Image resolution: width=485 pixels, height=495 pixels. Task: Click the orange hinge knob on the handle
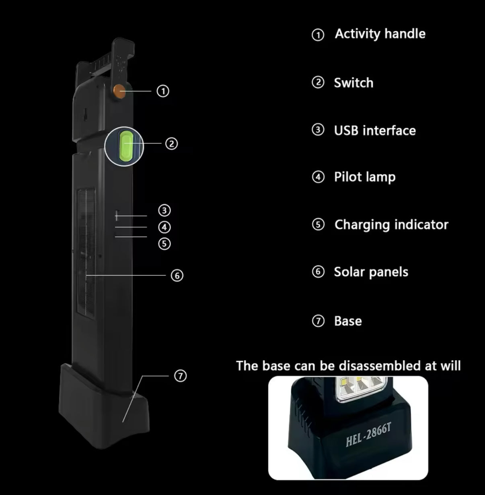[119, 91]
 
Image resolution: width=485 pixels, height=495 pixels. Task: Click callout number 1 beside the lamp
[163, 91]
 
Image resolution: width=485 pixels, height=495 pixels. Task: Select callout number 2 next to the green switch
[172, 144]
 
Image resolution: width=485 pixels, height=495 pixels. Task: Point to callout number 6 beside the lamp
[177, 275]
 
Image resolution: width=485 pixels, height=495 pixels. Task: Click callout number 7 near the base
[181, 376]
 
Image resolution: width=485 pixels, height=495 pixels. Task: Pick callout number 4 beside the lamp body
[164, 227]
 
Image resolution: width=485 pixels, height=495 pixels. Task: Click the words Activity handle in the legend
[380, 34]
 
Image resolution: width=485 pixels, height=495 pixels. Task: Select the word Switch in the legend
[353, 83]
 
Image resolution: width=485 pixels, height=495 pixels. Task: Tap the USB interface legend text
[375, 130]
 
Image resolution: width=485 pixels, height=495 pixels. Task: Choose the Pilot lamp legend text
[365, 177]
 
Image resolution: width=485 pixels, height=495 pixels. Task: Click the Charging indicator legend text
[391, 225]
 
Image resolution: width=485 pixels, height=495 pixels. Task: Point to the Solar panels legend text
[371, 272]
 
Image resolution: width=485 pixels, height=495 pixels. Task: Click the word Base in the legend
[348, 321]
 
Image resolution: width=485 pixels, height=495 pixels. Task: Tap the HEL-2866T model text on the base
[368, 435]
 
